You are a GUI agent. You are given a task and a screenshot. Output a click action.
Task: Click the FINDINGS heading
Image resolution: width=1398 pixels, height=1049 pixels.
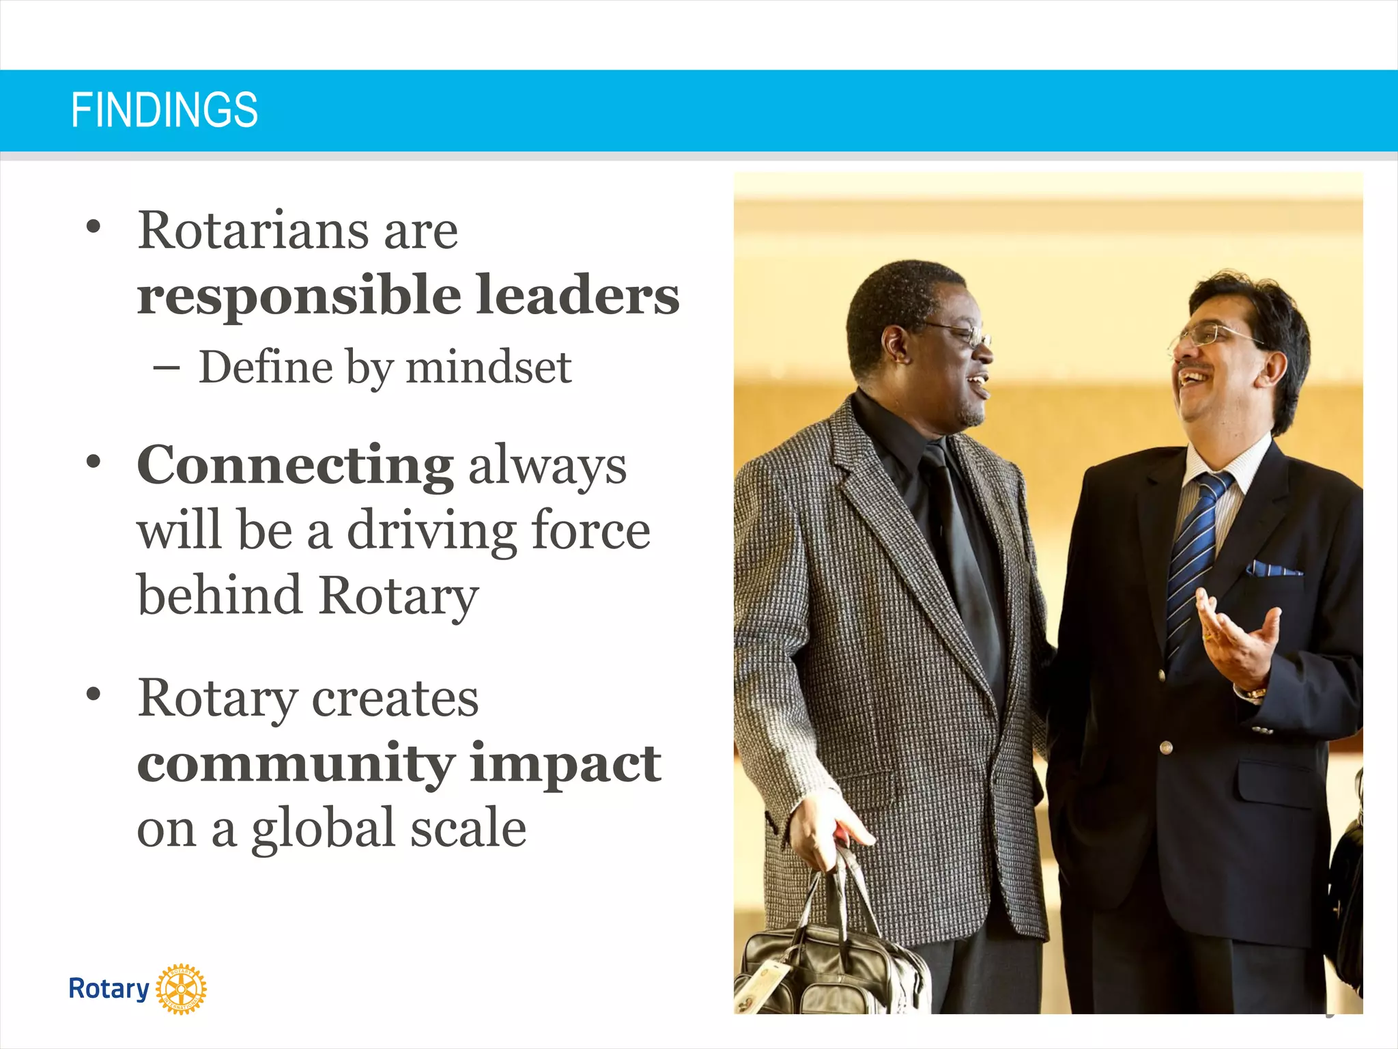(165, 109)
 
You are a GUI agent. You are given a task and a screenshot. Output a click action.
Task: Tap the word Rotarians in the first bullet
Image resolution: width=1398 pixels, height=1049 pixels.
(252, 230)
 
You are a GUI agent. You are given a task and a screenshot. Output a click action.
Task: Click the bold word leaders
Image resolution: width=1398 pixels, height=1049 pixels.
(577, 295)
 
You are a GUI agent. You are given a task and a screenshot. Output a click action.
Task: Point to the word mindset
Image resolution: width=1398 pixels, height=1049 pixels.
(488, 367)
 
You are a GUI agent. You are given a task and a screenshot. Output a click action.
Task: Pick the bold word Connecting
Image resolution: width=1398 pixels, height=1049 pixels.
(295, 465)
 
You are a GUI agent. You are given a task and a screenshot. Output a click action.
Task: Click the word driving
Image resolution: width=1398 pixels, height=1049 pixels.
(431, 531)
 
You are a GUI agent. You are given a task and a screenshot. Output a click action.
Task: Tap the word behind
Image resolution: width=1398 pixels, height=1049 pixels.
(219, 595)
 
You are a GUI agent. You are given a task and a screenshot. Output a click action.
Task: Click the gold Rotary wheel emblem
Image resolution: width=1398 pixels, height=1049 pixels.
(181, 989)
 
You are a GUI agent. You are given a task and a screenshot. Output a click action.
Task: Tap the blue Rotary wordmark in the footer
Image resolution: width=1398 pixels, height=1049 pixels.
(109, 988)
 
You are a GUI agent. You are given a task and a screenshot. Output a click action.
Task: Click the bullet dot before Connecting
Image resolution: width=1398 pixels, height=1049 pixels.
(94, 462)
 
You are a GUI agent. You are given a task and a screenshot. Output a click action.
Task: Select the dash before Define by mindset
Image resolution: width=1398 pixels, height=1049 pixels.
(166, 368)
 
